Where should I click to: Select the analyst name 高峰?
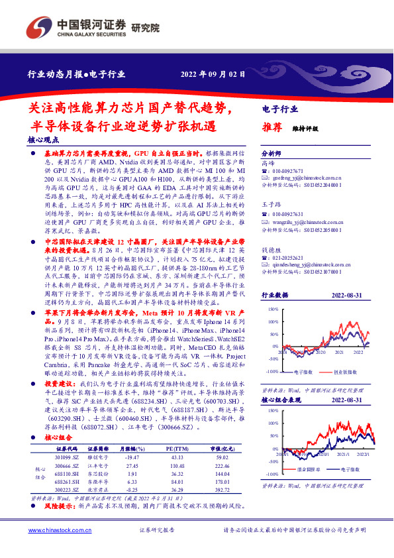268,162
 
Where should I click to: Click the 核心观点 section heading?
44,140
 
